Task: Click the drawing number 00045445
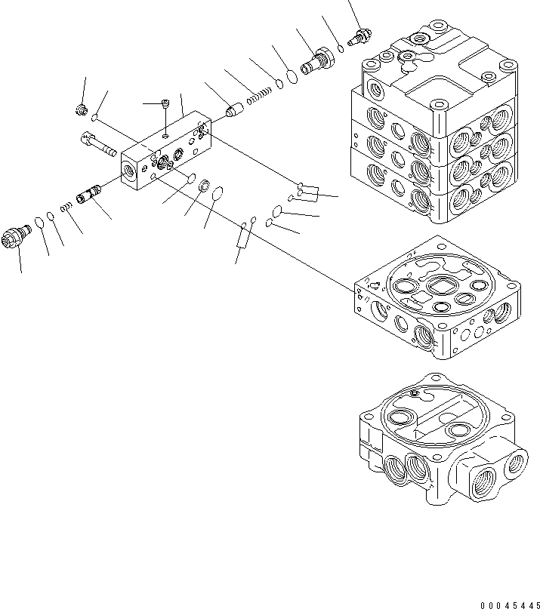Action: pyautogui.click(x=509, y=603)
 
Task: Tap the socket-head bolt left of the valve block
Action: pyautogui.click(x=96, y=143)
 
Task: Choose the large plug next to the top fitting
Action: pyautogui.click(x=315, y=61)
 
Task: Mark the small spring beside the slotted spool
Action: pyautogui.click(x=68, y=205)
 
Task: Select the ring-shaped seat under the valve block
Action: pyautogui.click(x=203, y=186)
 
